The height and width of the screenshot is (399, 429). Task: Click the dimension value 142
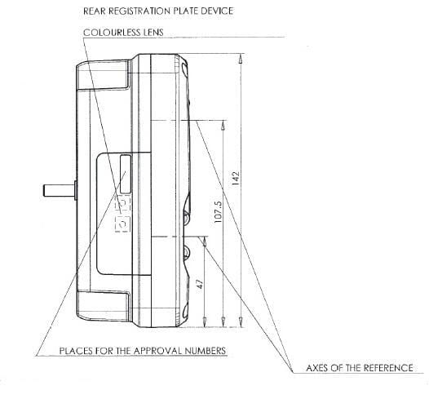[236, 178]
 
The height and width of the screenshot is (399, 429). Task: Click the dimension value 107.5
[218, 211]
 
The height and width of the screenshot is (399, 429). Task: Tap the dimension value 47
[201, 284]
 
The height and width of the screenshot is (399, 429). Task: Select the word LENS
[153, 33]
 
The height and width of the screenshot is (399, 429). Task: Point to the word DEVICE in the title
[217, 11]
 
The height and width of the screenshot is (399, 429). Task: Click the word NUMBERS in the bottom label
[206, 351]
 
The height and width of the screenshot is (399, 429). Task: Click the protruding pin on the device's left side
[60, 190]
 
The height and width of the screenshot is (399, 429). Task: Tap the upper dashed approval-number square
[123, 203]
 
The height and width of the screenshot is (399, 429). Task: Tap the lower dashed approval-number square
[122, 224]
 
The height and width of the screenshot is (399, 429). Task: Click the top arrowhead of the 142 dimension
[241, 59]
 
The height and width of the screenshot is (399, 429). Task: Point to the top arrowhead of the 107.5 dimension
[223, 125]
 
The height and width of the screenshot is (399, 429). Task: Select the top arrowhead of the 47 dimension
[205, 242]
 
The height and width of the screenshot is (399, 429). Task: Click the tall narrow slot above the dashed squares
[126, 174]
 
